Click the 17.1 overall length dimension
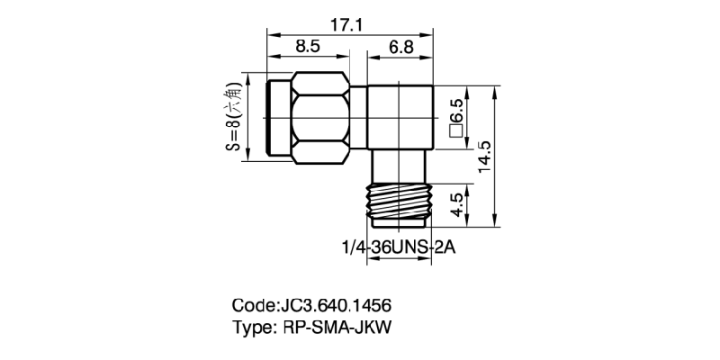[x=346, y=25]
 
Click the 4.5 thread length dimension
[x=457, y=202]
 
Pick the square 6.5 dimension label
[x=456, y=119]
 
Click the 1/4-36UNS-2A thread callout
[x=397, y=247]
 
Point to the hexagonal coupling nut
[x=319, y=117]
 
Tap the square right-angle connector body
[x=401, y=117]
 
